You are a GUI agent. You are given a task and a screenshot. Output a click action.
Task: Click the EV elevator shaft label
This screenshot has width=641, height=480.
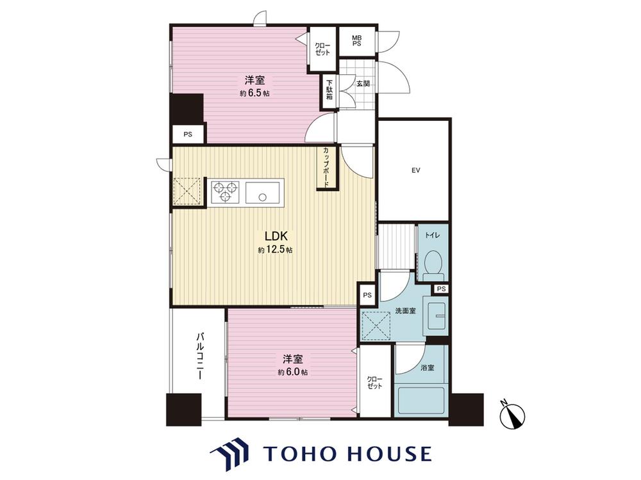(x=416, y=171)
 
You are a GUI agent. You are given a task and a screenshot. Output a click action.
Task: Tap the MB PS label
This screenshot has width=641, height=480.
(x=357, y=40)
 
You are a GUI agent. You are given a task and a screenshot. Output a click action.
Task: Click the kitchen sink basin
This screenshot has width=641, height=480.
(x=262, y=192)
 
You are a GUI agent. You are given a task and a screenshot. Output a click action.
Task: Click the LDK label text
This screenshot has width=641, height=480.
(x=277, y=236)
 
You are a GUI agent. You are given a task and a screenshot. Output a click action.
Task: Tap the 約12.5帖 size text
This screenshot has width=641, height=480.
(x=275, y=250)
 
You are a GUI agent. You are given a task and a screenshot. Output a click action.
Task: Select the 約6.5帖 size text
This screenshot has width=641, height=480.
(x=254, y=93)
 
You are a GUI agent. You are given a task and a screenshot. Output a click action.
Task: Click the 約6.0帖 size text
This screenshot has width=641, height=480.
(x=293, y=372)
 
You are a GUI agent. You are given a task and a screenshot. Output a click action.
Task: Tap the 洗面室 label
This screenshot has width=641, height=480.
(x=405, y=310)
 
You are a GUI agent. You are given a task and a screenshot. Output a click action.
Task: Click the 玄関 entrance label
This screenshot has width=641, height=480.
(x=363, y=84)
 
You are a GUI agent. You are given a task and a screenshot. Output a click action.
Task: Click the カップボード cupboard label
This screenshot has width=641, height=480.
(x=326, y=167)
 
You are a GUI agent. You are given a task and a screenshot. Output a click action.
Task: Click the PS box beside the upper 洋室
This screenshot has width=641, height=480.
(x=187, y=134)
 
